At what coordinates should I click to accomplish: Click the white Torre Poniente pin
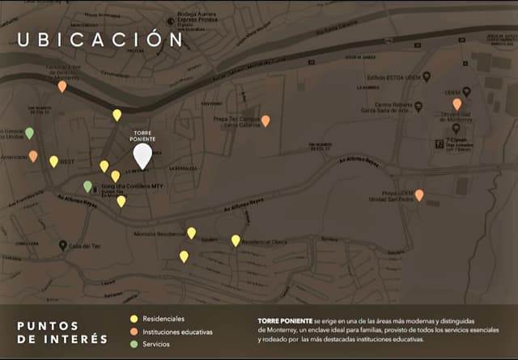point(142,154)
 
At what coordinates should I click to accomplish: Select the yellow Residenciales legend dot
point(134,319)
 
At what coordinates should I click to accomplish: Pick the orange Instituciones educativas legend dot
point(134,332)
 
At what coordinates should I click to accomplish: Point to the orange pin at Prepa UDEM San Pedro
point(419,195)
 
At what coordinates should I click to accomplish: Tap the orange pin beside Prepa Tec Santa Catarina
point(265,121)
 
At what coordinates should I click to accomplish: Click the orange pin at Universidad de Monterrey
point(457,104)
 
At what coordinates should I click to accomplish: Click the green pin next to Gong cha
point(87,186)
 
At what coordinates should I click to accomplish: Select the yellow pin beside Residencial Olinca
point(236,240)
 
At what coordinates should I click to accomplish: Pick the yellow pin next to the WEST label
point(53,161)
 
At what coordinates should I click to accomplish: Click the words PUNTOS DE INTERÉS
point(62,332)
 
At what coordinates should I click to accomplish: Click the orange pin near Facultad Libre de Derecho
point(62,86)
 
